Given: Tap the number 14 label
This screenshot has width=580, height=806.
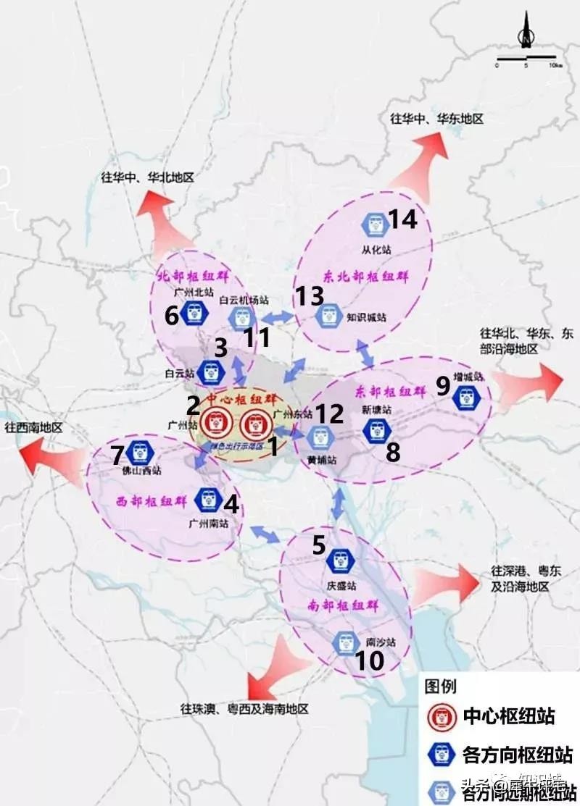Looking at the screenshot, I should tap(403, 219).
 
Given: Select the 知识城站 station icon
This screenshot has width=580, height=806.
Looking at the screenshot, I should tap(330, 314).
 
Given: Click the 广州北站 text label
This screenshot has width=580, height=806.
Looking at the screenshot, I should tap(194, 293).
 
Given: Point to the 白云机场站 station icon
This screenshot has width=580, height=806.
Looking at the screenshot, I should tap(241, 317).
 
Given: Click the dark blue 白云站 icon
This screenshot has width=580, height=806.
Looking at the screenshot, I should tap(210, 371).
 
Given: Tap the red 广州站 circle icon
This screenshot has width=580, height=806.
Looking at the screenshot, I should tap(215, 421).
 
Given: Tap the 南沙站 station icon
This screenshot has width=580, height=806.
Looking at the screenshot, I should tap(346, 643).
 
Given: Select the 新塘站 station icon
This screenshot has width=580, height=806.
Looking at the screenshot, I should tap(377, 432).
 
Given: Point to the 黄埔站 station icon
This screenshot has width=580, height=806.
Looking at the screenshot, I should tap(320, 437).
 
